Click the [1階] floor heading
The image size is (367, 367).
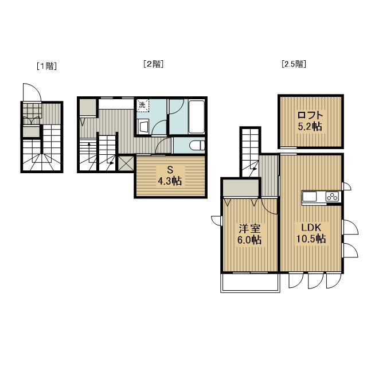click(47, 66)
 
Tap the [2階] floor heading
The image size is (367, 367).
click(154, 64)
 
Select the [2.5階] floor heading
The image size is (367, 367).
click(294, 64)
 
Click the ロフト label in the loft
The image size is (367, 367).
click(310, 115)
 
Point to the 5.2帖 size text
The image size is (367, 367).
click(310, 127)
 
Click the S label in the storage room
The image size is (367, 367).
click(170, 170)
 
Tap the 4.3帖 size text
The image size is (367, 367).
click(170, 181)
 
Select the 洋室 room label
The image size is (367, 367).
click(249, 229)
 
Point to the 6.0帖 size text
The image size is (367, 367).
click(249, 240)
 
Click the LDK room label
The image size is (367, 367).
click(311, 228)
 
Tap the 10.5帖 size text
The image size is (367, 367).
click(311, 239)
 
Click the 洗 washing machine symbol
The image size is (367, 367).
click(143, 106)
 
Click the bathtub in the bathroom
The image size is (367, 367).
click(197, 117)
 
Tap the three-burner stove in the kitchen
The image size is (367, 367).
click(333, 196)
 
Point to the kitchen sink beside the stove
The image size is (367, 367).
click(310, 196)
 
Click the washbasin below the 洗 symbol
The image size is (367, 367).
click(143, 127)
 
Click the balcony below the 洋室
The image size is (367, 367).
click(250, 283)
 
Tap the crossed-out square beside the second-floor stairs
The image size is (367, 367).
click(126, 163)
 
